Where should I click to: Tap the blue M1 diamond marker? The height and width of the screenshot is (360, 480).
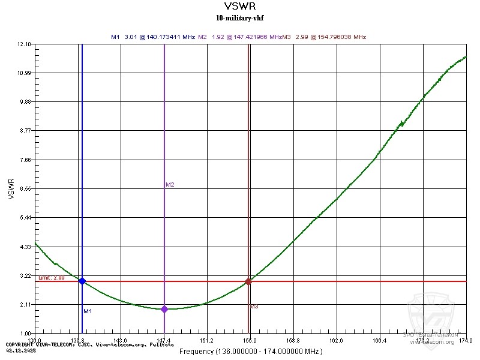[82, 281]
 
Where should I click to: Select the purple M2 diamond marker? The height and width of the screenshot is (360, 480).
[164, 309]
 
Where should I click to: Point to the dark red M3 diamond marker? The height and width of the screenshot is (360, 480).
[248, 281]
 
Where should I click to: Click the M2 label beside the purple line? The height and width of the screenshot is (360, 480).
[170, 185]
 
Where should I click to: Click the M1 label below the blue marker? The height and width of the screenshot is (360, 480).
[88, 311]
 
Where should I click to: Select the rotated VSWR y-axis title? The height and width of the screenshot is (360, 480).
[12, 188]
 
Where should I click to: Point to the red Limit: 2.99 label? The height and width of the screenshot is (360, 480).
[52, 278]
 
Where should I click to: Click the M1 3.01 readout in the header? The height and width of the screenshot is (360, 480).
[153, 37]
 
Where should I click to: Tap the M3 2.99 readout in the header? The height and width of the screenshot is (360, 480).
[326, 37]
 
